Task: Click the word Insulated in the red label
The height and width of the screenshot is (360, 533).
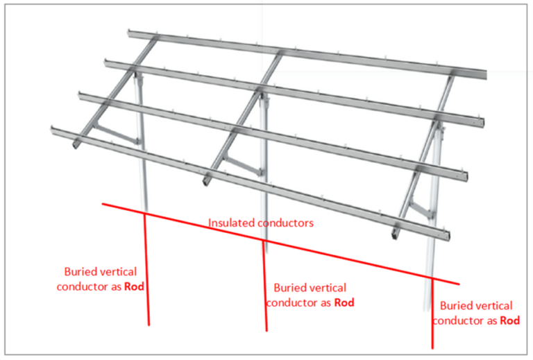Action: coord(228,223)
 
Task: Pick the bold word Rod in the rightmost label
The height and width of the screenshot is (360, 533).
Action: coord(510,320)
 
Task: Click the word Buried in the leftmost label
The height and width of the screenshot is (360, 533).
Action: coord(81,272)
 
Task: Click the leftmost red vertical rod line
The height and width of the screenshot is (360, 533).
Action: coord(147,277)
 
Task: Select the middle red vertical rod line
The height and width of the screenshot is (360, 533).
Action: coord(264,291)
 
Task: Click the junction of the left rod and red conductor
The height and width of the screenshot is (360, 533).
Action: coord(144,214)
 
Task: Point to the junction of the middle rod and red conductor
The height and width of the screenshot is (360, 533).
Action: coord(263,241)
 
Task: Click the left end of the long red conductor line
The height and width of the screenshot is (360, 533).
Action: coord(103,204)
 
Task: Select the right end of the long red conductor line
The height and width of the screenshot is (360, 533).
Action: coord(458,284)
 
